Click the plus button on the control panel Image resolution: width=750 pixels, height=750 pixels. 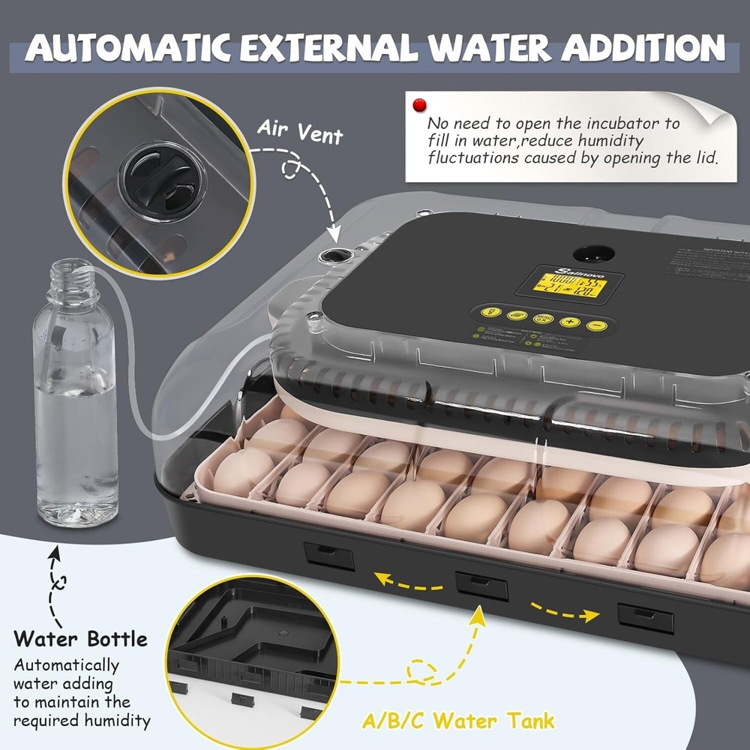coord(570,322)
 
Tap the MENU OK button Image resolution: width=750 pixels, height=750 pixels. coord(543,319)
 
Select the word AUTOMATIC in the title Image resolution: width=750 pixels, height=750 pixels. coord(124,47)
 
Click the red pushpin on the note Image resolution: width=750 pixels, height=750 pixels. coord(418,105)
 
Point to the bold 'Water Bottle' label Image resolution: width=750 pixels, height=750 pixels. coord(81,639)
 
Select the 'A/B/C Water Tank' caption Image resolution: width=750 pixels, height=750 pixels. coord(459,721)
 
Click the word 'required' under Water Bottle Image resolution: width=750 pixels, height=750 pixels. coord(43,721)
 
